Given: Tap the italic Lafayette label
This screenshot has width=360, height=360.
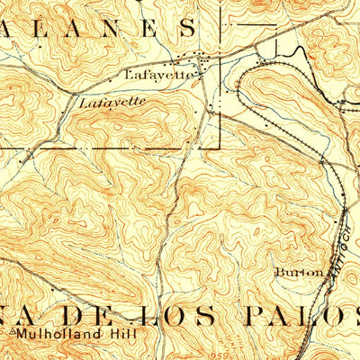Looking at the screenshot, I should tap(112, 103).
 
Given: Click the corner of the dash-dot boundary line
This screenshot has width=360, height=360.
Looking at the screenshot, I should tap(221, 147).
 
